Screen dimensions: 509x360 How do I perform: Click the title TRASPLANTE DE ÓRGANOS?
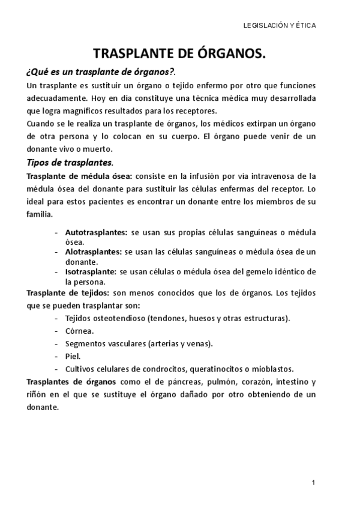tap(180, 55)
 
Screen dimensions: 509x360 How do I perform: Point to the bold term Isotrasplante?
tap(91, 272)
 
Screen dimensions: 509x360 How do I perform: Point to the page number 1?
tap(314, 483)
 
